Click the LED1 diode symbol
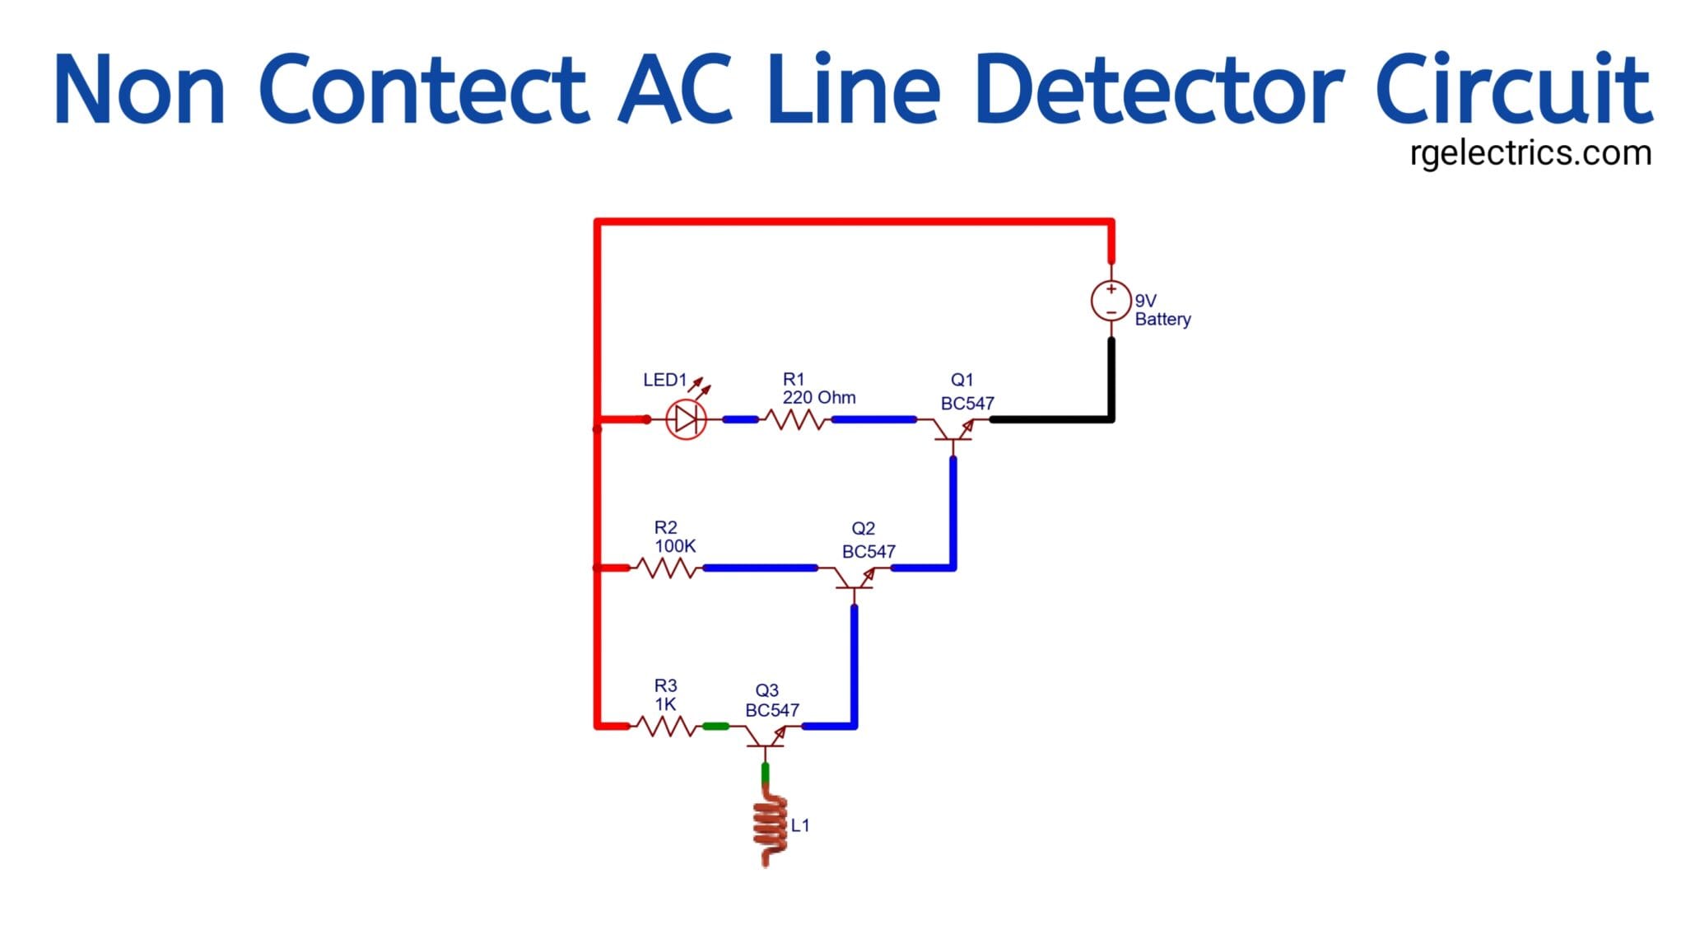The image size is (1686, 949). pos(686,420)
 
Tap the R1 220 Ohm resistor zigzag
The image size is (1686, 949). pos(794,420)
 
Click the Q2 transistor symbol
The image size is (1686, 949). pos(855,577)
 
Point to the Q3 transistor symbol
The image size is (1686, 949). pos(766,735)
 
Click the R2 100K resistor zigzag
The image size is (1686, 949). pos(666,568)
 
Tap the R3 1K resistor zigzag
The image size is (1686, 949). pos(666,727)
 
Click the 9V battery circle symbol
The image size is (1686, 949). pos(1111,301)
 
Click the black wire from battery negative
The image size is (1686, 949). pos(1111,387)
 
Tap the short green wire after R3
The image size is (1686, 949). pos(715,727)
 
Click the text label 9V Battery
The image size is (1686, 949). pos(1162,311)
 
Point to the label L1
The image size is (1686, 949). pos(800,825)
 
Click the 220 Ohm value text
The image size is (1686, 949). pos(819,398)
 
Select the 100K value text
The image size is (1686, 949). pos(675,546)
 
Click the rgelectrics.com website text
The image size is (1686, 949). pos(1530,154)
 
